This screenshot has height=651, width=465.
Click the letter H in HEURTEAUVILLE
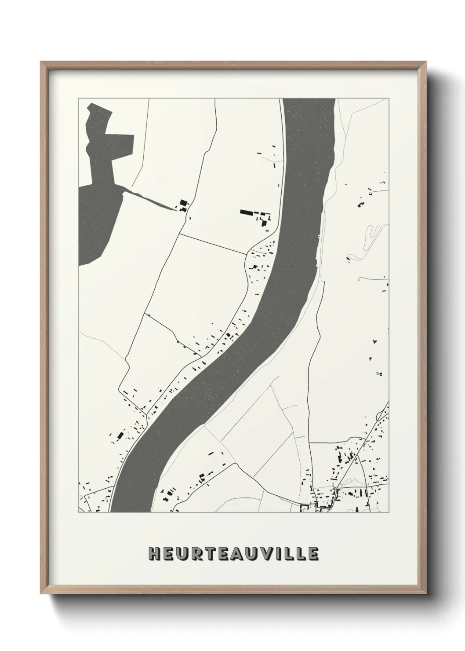[154, 554]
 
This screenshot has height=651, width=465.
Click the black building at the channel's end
[183, 204]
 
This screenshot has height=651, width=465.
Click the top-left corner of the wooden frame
[41, 62]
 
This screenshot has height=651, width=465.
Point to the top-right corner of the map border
[389, 99]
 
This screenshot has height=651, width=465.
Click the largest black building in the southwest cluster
[119, 436]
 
